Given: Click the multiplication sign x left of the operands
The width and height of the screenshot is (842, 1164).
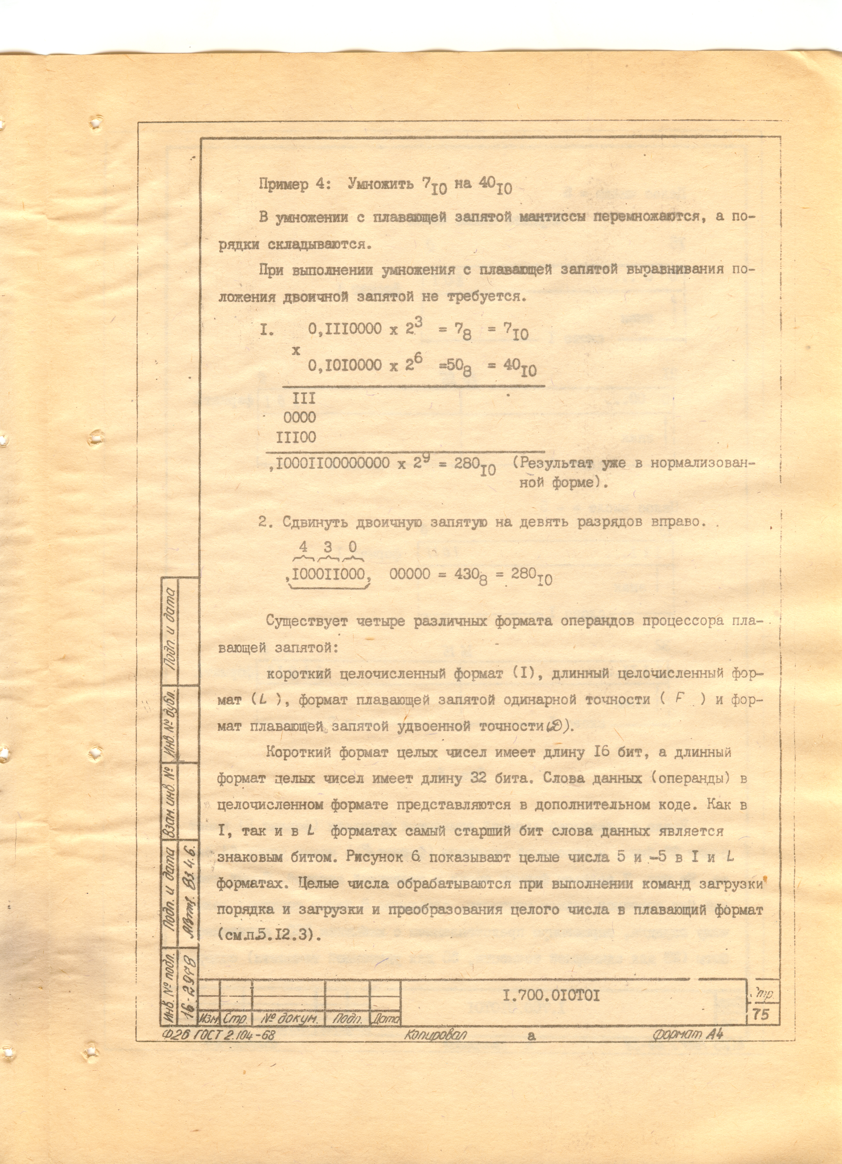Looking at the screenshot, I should tap(296, 351).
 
